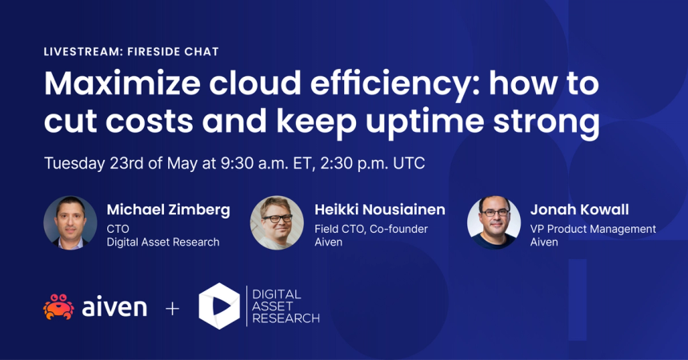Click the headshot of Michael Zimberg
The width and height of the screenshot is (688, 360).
pyautogui.click(x=70, y=222)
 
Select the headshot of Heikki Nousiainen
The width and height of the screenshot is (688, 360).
pyautogui.click(x=277, y=222)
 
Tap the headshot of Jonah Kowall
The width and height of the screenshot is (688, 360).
pyautogui.click(x=494, y=222)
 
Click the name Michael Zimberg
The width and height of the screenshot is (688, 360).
pyautogui.click(x=168, y=210)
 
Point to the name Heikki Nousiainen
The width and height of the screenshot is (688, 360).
pyautogui.click(x=380, y=210)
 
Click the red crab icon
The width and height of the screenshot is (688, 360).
pyautogui.click(x=58, y=307)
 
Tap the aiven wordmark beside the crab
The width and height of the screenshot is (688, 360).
pyautogui.click(x=114, y=307)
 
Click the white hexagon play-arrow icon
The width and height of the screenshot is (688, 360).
pyautogui.click(x=218, y=306)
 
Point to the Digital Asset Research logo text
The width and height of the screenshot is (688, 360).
pyautogui.click(x=283, y=306)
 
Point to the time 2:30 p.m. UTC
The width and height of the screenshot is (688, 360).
pyautogui.click(x=373, y=163)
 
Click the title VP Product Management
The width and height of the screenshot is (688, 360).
pyautogui.click(x=593, y=229)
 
